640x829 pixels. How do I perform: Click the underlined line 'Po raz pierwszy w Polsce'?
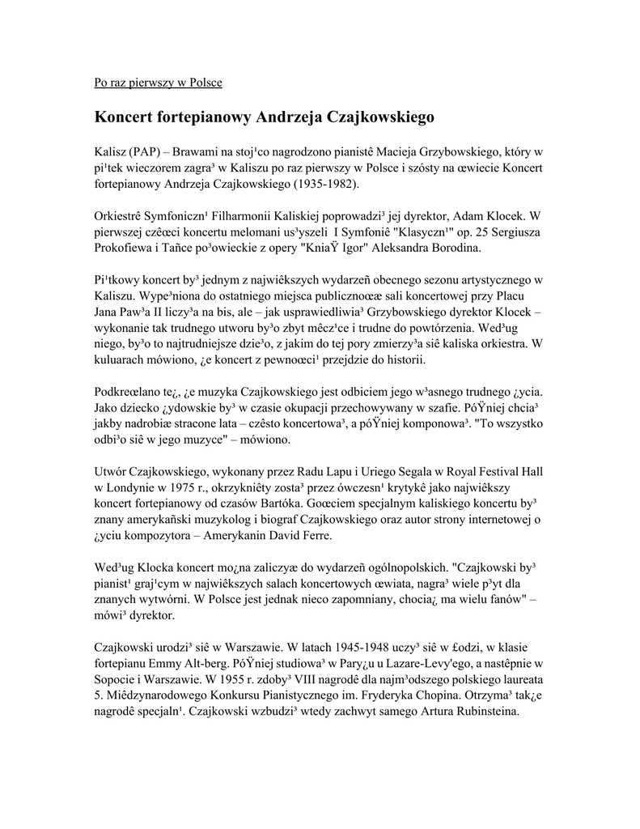click(x=159, y=83)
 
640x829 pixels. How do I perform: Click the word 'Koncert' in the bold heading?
click(x=129, y=117)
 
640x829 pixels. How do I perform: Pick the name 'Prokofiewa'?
click(x=125, y=248)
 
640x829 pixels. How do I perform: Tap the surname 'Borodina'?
click(x=456, y=248)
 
